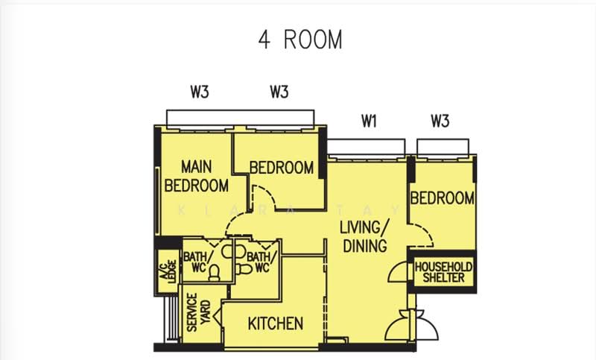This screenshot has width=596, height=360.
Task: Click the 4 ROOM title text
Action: (300, 40)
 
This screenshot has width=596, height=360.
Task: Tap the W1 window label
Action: (369, 121)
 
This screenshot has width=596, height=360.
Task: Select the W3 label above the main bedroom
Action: (200, 92)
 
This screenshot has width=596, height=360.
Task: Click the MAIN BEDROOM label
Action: (197, 176)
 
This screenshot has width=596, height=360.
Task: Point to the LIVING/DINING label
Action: (364, 236)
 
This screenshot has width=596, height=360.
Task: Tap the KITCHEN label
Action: (276, 323)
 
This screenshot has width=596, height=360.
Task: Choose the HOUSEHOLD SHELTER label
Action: (443, 272)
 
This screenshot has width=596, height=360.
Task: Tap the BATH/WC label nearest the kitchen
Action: (262, 262)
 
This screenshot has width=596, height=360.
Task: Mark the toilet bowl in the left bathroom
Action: (215, 273)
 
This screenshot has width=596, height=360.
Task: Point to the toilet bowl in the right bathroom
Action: (244, 269)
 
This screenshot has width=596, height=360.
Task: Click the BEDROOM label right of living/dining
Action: (443, 198)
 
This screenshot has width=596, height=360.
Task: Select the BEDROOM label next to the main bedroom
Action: (282, 168)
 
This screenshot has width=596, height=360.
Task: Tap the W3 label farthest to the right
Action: (440, 121)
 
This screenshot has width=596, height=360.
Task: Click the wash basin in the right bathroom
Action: (240, 251)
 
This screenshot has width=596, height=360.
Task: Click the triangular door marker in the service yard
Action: (218, 316)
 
